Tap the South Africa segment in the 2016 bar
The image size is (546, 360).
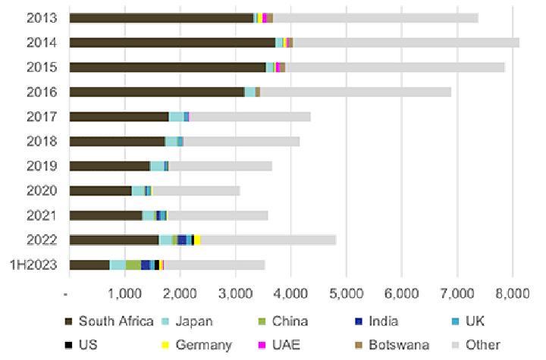click(156, 92)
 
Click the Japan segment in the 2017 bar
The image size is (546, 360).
click(176, 117)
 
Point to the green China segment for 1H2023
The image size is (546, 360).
click(133, 265)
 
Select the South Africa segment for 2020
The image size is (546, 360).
click(100, 190)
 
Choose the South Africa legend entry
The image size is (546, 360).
click(111, 322)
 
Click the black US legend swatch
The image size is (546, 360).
click(68, 345)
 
